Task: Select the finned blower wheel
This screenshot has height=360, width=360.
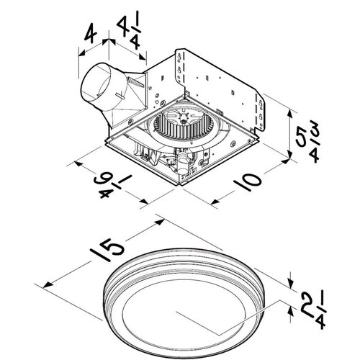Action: [179, 129]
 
